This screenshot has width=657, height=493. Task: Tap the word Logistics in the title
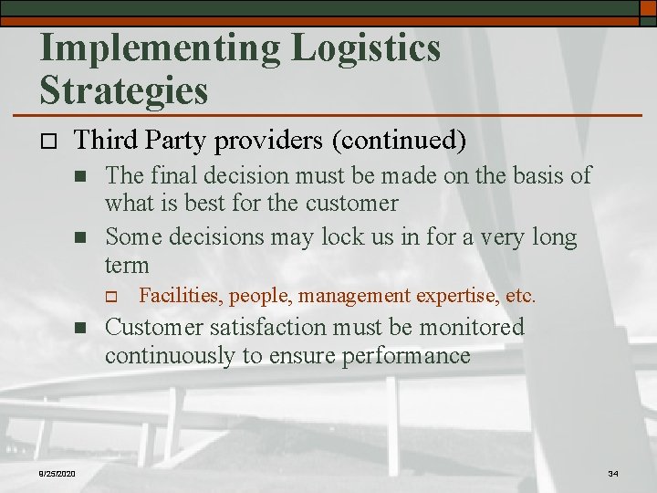pyautogui.click(x=366, y=48)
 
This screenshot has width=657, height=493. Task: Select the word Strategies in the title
pyautogui.click(x=124, y=91)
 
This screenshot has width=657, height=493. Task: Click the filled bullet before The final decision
pyautogui.click(x=80, y=175)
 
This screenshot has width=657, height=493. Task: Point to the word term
pyautogui.click(x=127, y=265)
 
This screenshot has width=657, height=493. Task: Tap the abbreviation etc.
pyautogui.click(x=520, y=296)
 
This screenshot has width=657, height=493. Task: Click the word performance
pyautogui.click(x=406, y=355)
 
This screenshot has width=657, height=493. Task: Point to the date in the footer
pyautogui.click(x=57, y=472)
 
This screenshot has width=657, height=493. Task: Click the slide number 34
pyautogui.click(x=612, y=472)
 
